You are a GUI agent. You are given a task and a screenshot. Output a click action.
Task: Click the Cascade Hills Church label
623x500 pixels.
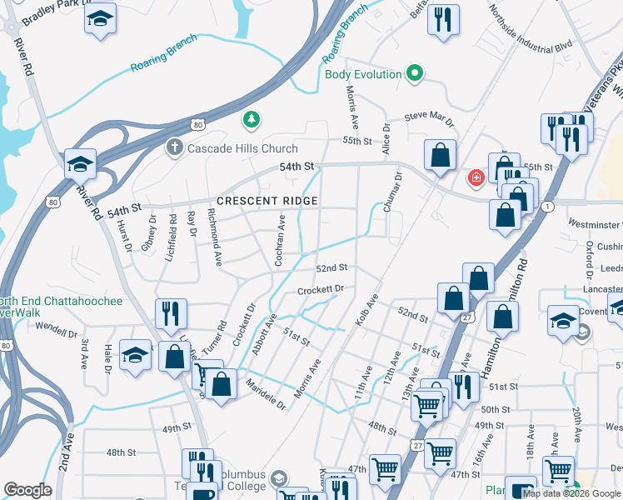pos(242,148)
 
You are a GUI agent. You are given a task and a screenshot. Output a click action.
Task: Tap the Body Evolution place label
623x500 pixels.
pos(363,74)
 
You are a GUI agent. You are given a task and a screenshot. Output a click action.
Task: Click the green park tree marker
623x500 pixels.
pos(250,121)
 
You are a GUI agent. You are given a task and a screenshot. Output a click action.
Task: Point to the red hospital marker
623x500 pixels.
pos(476,177)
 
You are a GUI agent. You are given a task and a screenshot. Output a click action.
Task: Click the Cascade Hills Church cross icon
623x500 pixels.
pos(174,148)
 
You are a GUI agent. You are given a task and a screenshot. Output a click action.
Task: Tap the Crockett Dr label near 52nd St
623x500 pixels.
pos(321,290)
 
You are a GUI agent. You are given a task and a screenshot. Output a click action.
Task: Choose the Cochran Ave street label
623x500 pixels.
pos(281,236)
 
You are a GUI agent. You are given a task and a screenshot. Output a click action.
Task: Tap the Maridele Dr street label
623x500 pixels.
pos(266,394)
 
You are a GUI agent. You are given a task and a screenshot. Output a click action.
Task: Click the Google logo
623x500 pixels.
pos(27,490)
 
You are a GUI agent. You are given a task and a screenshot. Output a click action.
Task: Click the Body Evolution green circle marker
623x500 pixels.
pos(413,74)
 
